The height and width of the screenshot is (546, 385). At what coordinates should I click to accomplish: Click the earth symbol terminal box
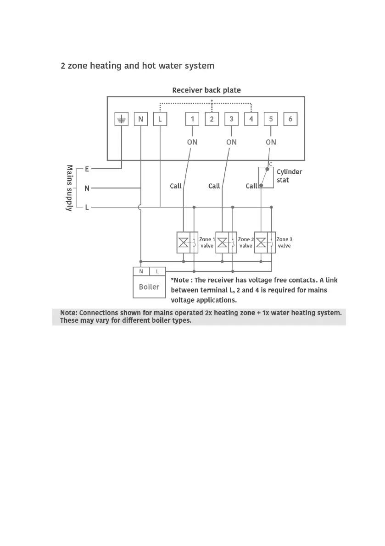(121, 119)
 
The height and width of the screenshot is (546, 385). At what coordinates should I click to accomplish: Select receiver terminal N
(140, 119)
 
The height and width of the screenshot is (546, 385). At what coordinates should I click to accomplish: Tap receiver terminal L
(160, 119)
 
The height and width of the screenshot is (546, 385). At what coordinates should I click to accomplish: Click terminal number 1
(192, 119)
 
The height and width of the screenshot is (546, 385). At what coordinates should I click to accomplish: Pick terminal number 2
(212, 119)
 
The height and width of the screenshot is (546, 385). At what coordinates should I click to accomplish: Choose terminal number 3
(231, 119)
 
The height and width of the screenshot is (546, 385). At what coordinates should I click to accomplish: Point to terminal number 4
(251, 119)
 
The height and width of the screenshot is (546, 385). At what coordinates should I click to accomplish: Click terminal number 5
(271, 119)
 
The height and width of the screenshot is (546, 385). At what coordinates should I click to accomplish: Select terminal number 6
(290, 119)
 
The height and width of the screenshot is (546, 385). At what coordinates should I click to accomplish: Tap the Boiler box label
(149, 287)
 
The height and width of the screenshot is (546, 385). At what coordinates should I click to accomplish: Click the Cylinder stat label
(289, 176)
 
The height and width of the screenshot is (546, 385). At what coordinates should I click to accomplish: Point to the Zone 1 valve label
(207, 243)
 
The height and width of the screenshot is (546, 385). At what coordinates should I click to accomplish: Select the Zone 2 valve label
(246, 243)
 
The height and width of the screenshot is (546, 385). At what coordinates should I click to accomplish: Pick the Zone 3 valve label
(285, 243)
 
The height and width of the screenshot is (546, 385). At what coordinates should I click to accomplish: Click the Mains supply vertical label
(70, 188)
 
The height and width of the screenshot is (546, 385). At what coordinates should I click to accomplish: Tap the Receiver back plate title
(206, 90)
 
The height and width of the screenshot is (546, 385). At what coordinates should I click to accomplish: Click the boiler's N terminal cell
(141, 271)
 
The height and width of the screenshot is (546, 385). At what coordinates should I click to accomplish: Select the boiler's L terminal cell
(157, 271)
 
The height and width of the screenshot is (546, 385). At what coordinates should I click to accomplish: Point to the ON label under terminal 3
(231, 142)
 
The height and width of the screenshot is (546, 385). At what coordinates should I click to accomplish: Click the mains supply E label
(87, 169)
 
